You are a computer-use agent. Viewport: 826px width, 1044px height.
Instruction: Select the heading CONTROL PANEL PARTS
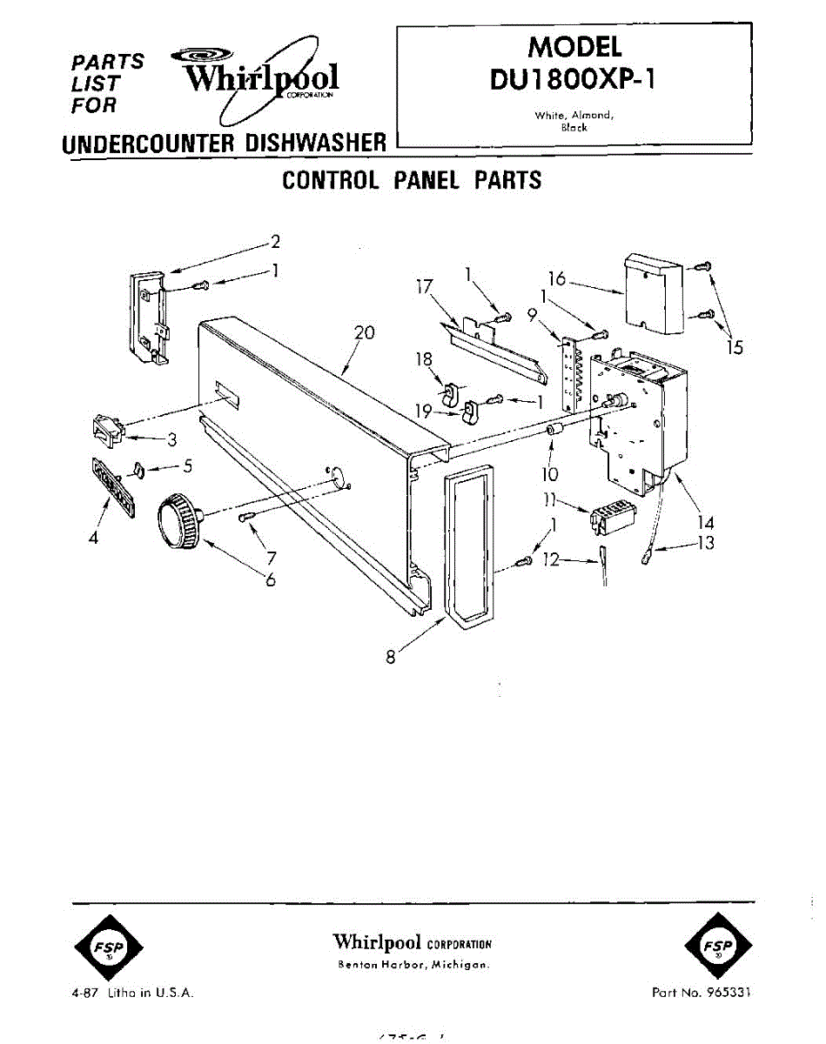412,180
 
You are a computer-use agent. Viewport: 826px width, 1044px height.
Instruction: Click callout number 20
364,332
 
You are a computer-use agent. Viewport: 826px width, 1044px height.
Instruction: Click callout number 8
392,658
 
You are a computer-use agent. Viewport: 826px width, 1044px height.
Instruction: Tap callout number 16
557,278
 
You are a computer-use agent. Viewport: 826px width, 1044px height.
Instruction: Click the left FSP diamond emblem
106,947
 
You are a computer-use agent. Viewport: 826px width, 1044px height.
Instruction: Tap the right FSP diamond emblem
718,947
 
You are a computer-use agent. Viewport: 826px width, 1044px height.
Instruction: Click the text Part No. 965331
702,992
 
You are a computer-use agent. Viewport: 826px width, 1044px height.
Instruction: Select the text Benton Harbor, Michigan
413,966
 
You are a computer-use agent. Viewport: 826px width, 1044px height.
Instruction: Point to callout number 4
94,538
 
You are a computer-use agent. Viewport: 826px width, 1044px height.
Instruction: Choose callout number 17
425,286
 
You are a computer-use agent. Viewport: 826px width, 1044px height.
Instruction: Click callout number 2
275,241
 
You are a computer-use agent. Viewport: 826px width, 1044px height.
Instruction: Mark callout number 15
735,347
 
